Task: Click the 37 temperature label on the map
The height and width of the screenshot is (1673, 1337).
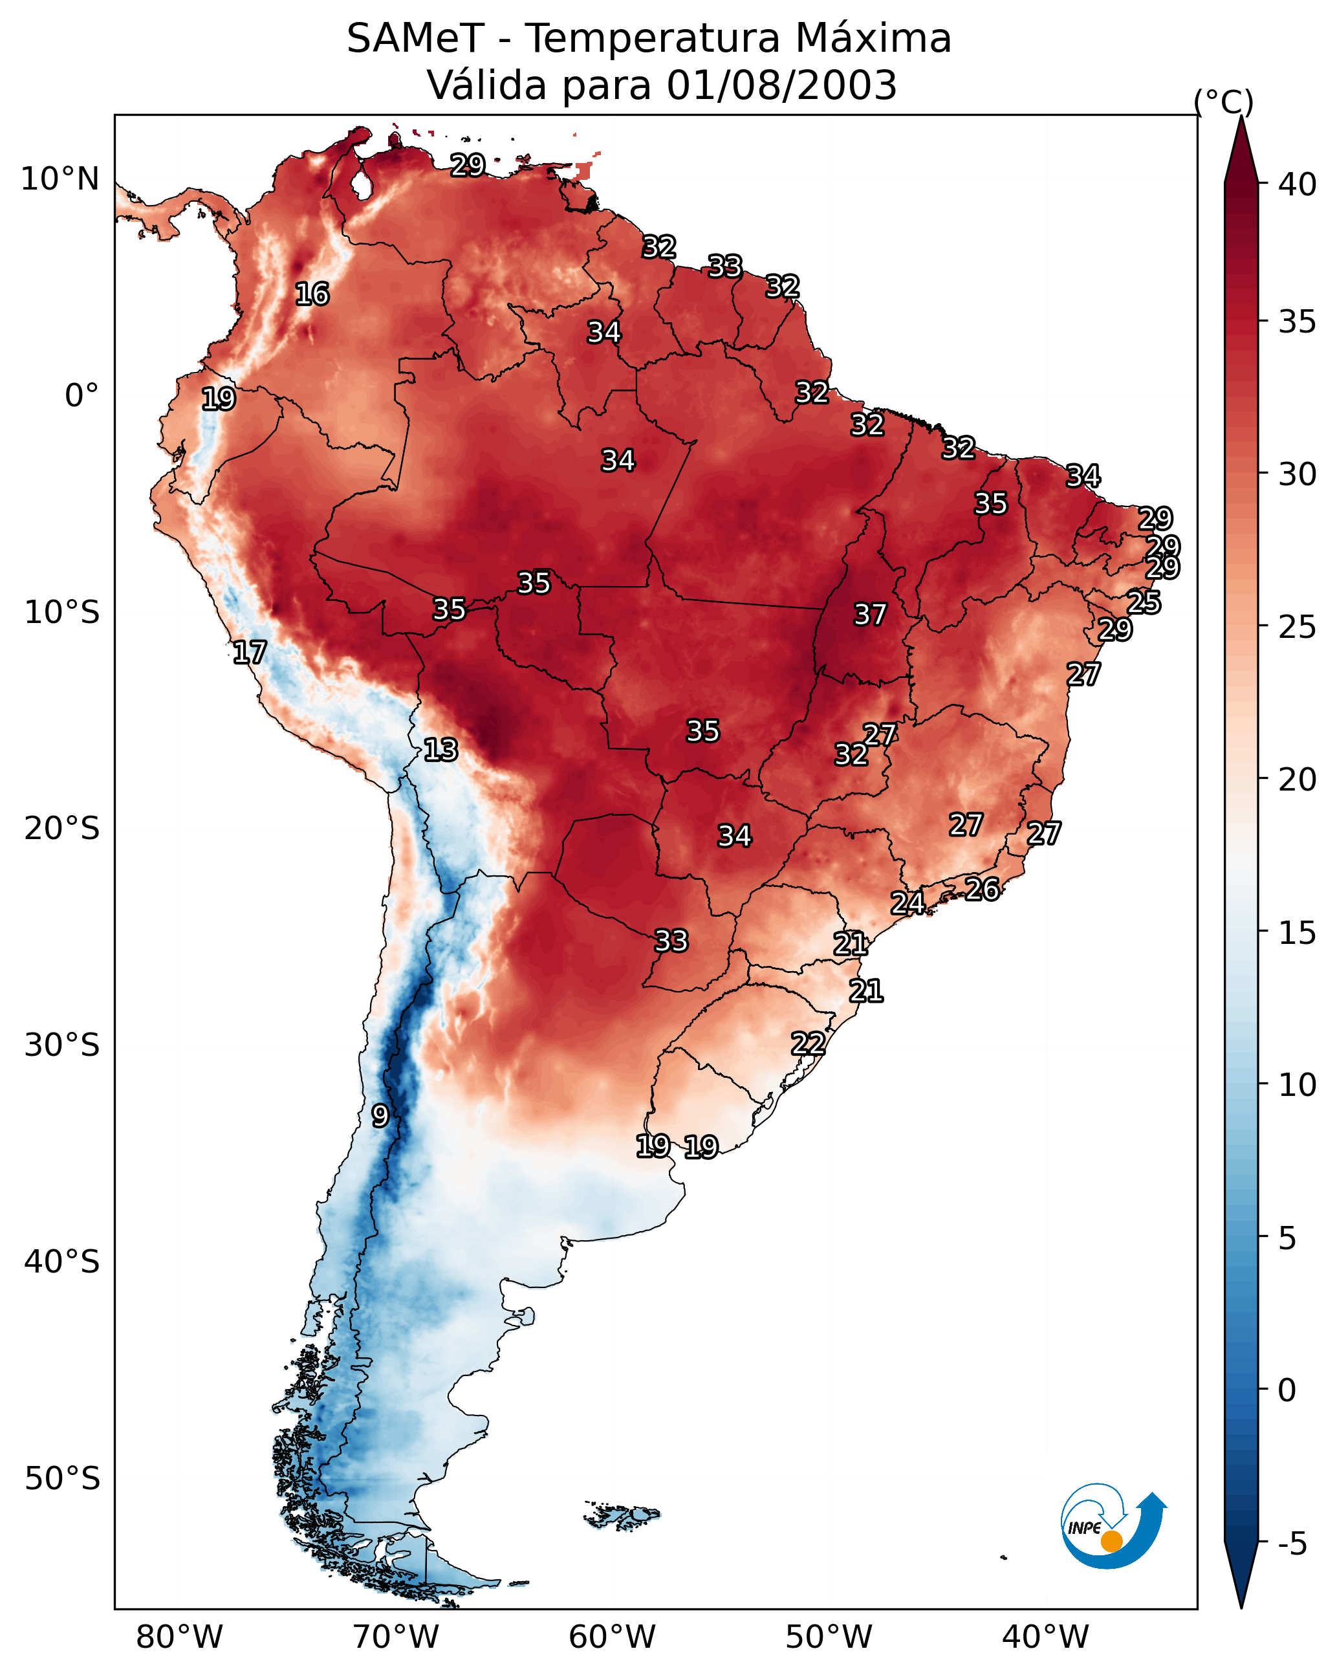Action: tap(870, 615)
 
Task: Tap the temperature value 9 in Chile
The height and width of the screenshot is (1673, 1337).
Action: tap(380, 1115)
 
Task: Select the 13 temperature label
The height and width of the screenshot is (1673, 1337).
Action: tap(440, 750)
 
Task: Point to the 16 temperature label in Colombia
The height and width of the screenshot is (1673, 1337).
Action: tap(312, 294)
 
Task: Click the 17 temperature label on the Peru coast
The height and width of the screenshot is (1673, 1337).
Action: tap(250, 653)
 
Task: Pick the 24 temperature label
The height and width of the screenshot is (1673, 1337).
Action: tap(907, 902)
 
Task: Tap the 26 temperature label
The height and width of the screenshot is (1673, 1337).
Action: tap(983, 890)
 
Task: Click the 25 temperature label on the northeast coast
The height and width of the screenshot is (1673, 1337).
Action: tap(1144, 602)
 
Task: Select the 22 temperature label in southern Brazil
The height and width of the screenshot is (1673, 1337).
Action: tap(808, 1043)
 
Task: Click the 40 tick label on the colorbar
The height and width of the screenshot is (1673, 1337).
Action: tap(1298, 184)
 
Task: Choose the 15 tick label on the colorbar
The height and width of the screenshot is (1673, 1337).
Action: tap(1298, 933)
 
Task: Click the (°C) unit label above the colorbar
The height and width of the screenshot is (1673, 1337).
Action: tap(1224, 102)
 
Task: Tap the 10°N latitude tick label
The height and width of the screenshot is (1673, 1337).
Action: tap(60, 179)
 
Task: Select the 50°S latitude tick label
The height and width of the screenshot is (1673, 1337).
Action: tap(62, 1479)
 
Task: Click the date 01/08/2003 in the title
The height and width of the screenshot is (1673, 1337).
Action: tap(781, 85)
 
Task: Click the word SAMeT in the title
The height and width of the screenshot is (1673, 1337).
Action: tap(415, 39)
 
